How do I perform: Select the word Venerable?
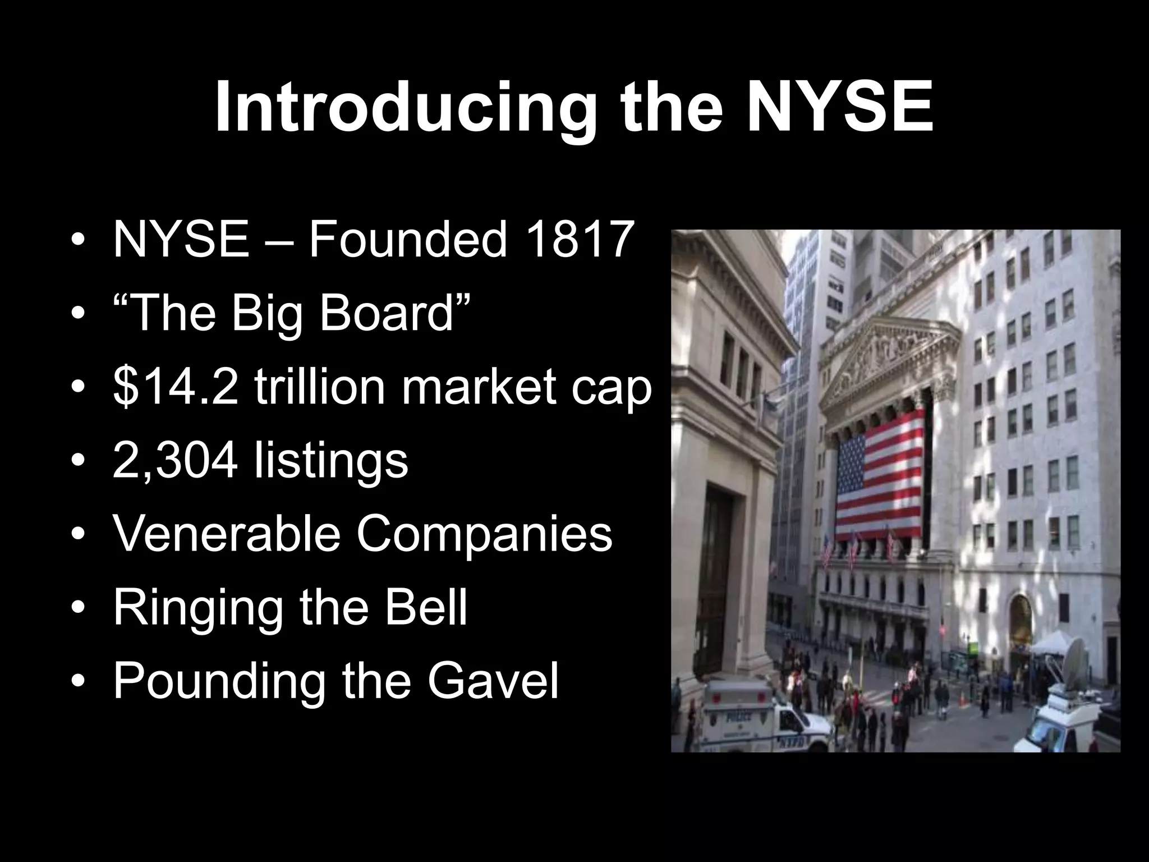[x=227, y=534]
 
